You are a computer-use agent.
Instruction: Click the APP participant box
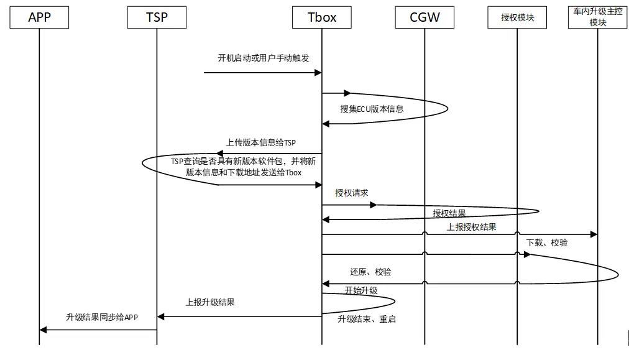(x=39, y=17)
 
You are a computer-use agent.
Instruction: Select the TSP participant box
(x=157, y=17)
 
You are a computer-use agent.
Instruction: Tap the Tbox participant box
(x=321, y=17)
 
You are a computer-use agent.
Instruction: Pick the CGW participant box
(x=425, y=17)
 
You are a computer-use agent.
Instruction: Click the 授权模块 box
(x=517, y=17)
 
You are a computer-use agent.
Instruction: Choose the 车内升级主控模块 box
(x=597, y=17)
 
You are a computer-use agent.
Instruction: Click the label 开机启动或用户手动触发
(x=264, y=58)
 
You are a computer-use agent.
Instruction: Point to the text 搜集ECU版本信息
(x=372, y=108)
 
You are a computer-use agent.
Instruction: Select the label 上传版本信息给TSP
(x=261, y=143)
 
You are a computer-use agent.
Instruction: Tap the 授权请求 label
(x=352, y=193)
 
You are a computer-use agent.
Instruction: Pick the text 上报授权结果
(x=472, y=227)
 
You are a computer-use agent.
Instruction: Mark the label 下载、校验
(x=547, y=242)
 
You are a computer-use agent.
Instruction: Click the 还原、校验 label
(x=370, y=272)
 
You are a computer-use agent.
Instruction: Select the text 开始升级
(x=361, y=290)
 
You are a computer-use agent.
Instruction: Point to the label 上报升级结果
(x=210, y=303)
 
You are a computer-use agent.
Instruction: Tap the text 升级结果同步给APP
(x=102, y=317)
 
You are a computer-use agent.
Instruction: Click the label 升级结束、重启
(x=367, y=319)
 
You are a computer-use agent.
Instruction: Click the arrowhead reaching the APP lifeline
(x=43, y=330)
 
